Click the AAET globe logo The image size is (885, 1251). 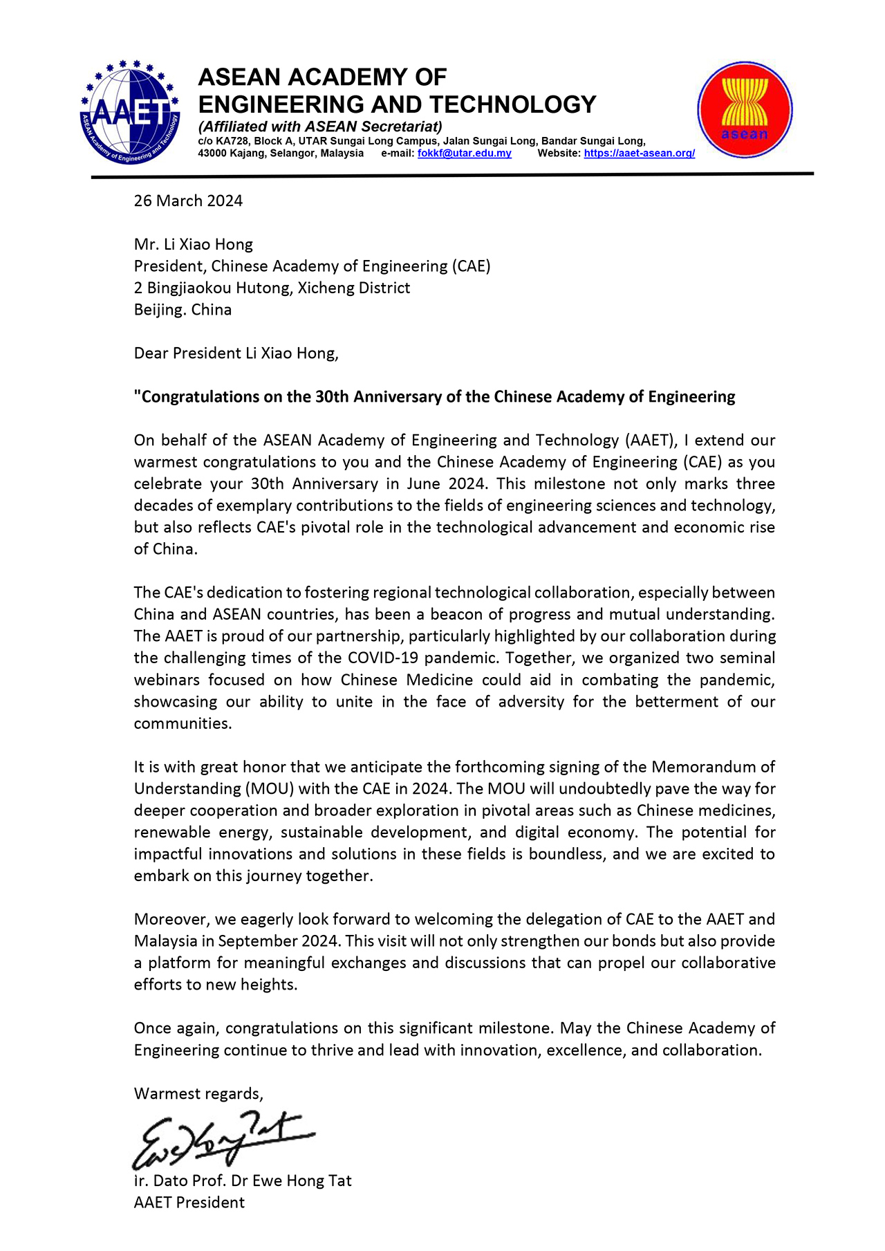click(x=130, y=112)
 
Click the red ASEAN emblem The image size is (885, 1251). click(x=745, y=110)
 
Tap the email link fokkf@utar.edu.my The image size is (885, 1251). click(x=465, y=154)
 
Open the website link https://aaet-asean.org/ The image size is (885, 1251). click(x=639, y=154)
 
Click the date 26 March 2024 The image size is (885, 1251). click(x=188, y=201)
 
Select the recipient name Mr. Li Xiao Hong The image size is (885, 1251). click(x=194, y=244)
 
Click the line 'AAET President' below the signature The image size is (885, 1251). click(x=189, y=1203)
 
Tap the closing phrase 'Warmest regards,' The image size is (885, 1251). click(x=198, y=1093)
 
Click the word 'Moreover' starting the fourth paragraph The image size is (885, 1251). click(x=171, y=919)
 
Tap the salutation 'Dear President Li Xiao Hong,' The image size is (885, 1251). click(x=236, y=353)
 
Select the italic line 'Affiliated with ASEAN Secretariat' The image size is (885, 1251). click(x=319, y=127)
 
